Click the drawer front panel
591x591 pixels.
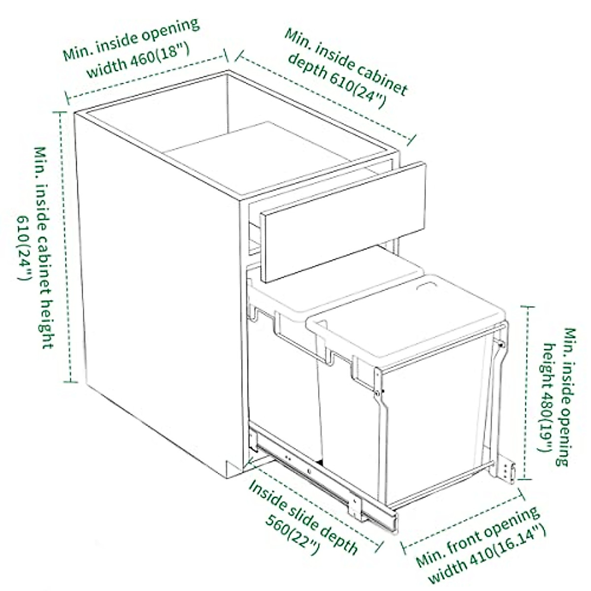click(x=343, y=222)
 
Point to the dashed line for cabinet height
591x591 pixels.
click(x=64, y=246)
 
